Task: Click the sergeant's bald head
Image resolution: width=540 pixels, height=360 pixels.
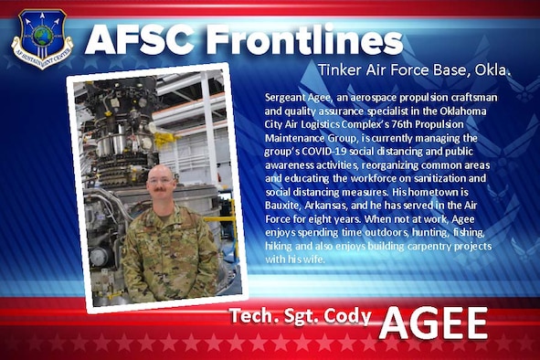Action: (161, 174)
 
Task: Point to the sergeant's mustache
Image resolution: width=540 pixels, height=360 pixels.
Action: (161, 193)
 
